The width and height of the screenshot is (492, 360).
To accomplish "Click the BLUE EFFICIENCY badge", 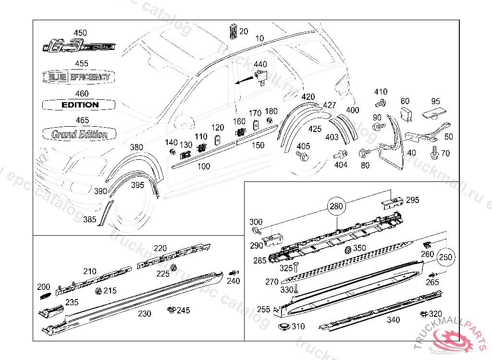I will (x=80, y=77).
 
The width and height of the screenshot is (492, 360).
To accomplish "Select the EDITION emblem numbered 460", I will (x=80, y=105).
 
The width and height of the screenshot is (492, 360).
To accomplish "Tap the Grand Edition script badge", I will (x=79, y=134).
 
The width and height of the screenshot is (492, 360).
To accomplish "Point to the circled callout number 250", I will (x=446, y=257).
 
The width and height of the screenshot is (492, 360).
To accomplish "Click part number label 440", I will (x=260, y=64).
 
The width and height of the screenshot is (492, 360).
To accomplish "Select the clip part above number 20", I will (x=233, y=32).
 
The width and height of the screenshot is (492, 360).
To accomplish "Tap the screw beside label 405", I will (x=302, y=156).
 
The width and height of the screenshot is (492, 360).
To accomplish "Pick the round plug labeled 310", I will (x=283, y=327).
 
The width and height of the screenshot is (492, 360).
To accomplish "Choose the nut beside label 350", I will (x=348, y=250).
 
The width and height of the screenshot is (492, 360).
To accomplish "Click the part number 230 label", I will (x=144, y=314).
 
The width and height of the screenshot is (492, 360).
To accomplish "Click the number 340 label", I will (x=394, y=320).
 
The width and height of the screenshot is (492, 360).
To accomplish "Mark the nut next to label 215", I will (x=99, y=291).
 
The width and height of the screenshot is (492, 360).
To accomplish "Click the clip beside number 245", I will (x=171, y=310).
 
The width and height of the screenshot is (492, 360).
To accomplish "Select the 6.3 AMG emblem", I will (x=80, y=47).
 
